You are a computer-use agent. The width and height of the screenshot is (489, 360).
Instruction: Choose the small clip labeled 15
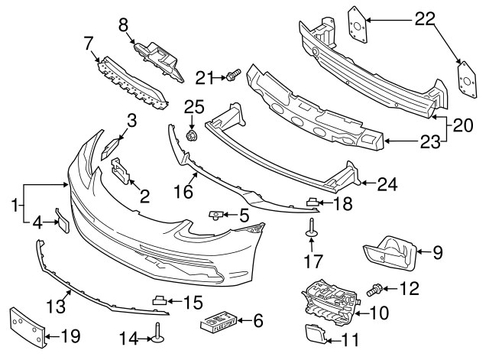161,300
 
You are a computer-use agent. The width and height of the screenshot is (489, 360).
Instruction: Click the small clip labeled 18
313,203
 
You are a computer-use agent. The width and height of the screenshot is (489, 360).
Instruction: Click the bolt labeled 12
375,289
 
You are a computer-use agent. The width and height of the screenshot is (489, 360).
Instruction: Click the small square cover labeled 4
63,219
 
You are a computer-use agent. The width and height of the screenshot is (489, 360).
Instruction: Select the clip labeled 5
216,216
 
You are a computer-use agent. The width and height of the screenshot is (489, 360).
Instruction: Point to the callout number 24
388,183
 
